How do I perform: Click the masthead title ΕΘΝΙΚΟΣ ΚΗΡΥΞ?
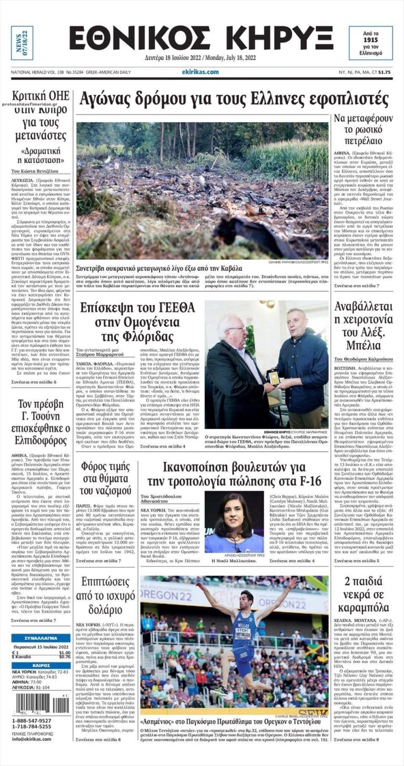(x=201, y=38)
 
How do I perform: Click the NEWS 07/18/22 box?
(x=22, y=43)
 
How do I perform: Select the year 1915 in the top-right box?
(x=370, y=39)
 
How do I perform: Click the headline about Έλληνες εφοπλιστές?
(x=234, y=99)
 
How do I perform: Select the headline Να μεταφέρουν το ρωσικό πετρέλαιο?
(x=362, y=130)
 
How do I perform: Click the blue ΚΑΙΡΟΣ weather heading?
(x=41, y=665)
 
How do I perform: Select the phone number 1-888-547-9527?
(x=32, y=720)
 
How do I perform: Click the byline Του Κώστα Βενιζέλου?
(x=35, y=172)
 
